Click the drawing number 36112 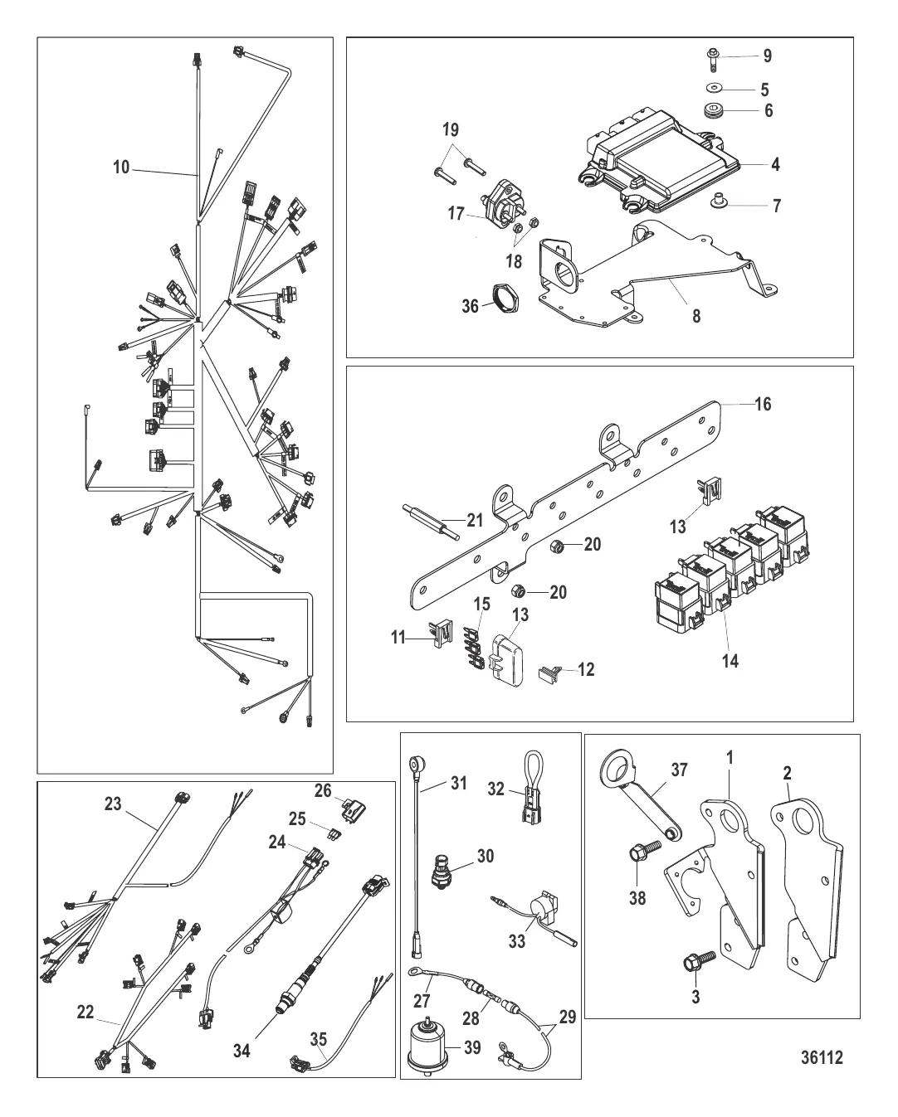pyautogui.click(x=822, y=1057)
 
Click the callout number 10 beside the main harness pyautogui.click(x=121, y=168)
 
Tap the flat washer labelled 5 pyautogui.click(x=714, y=88)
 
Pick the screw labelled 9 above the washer pyautogui.click(x=713, y=57)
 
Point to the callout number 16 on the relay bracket pyautogui.click(x=762, y=404)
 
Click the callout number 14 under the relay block pyautogui.click(x=730, y=660)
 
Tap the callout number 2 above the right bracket pyautogui.click(x=787, y=773)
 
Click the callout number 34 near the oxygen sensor pyautogui.click(x=241, y=1051)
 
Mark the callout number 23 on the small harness pyautogui.click(x=112, y=804)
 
